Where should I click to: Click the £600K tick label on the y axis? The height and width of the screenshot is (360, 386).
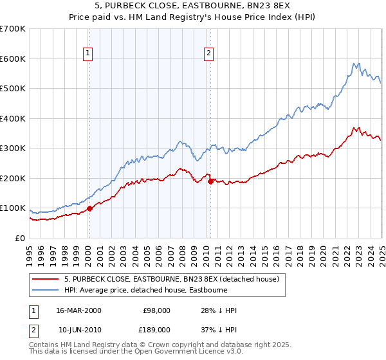click(13, 59)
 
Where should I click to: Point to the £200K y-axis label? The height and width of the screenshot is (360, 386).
click(13, 178)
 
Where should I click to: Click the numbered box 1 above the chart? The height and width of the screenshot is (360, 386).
click(87, 54)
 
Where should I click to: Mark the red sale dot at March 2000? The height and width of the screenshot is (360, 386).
click(90, 208)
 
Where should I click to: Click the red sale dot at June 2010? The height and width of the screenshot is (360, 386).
click(210, 181)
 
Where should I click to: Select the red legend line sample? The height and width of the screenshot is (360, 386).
click(46, 280)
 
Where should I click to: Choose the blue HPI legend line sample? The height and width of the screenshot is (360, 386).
click(46, 290)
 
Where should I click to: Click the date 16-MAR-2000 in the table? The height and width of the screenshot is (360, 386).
click(79, 310)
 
